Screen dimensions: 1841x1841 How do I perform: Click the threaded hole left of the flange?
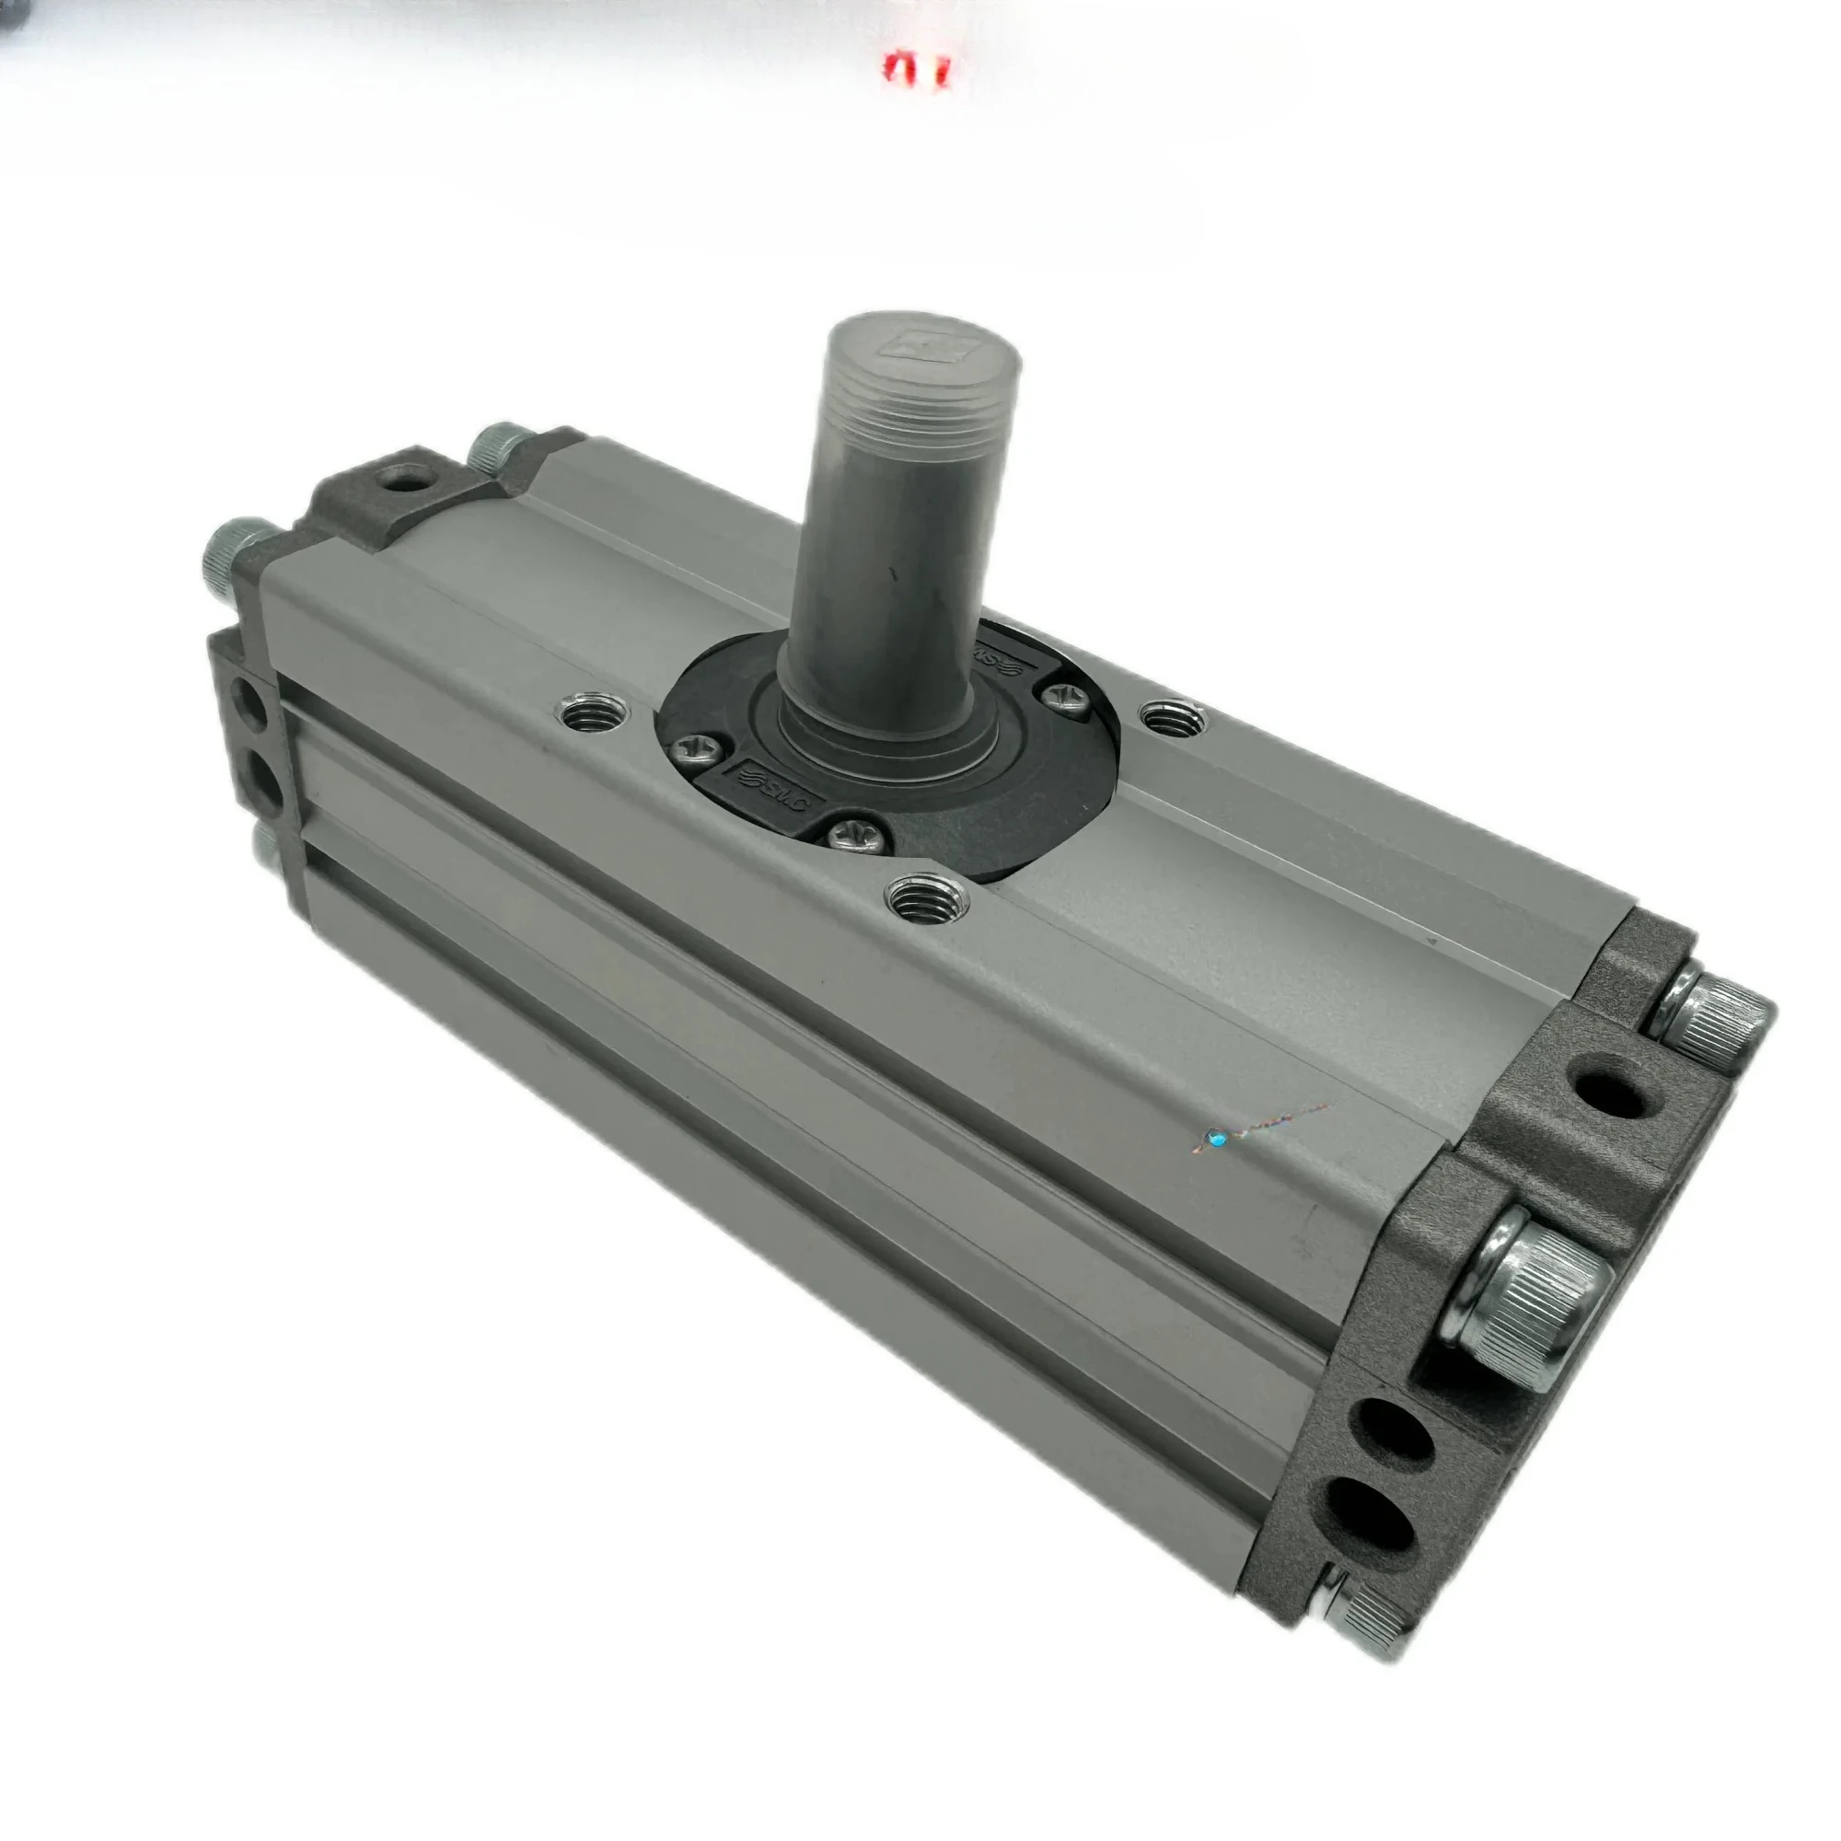tap(596, 710)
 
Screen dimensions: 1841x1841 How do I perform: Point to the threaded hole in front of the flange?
tap(926, 898)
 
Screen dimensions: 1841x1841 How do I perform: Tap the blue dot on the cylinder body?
tap(1215, 1137)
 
